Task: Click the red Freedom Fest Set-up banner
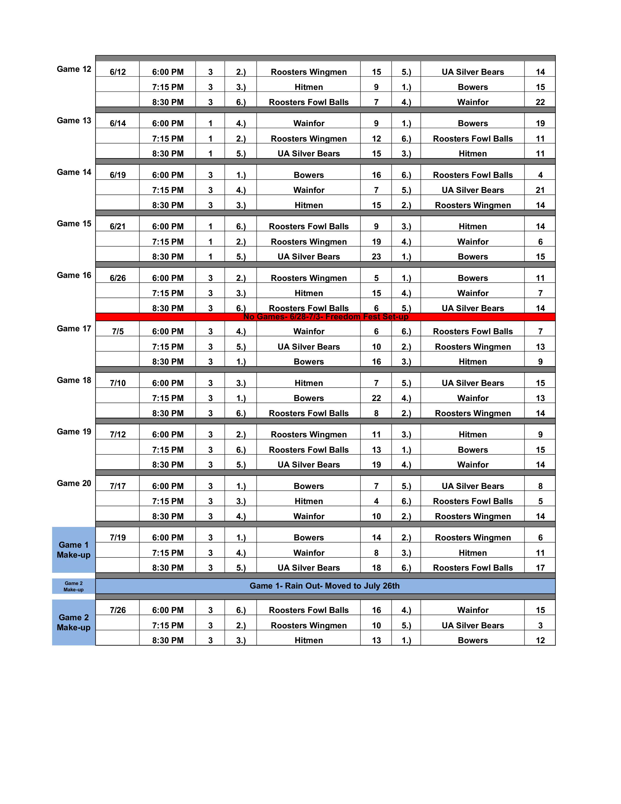pos(325,316)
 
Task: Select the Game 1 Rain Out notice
pos(325,586)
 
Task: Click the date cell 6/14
pos(118,123)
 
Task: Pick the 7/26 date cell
pos(118,610)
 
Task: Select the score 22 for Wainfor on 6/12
pos(540,102)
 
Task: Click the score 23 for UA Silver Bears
pos(376,257)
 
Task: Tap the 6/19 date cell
pos(118,175)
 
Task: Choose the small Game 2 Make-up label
pos(74,586)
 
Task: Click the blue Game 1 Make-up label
pos(74,550)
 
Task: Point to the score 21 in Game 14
pos(540,190)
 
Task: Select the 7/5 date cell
pos(118,331)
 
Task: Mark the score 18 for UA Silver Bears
pos(376,568)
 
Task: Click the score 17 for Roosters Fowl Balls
pos(540,568)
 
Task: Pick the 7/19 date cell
pos(118,537)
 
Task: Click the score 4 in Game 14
pos(540,175)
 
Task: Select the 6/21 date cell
pos(118,226)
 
